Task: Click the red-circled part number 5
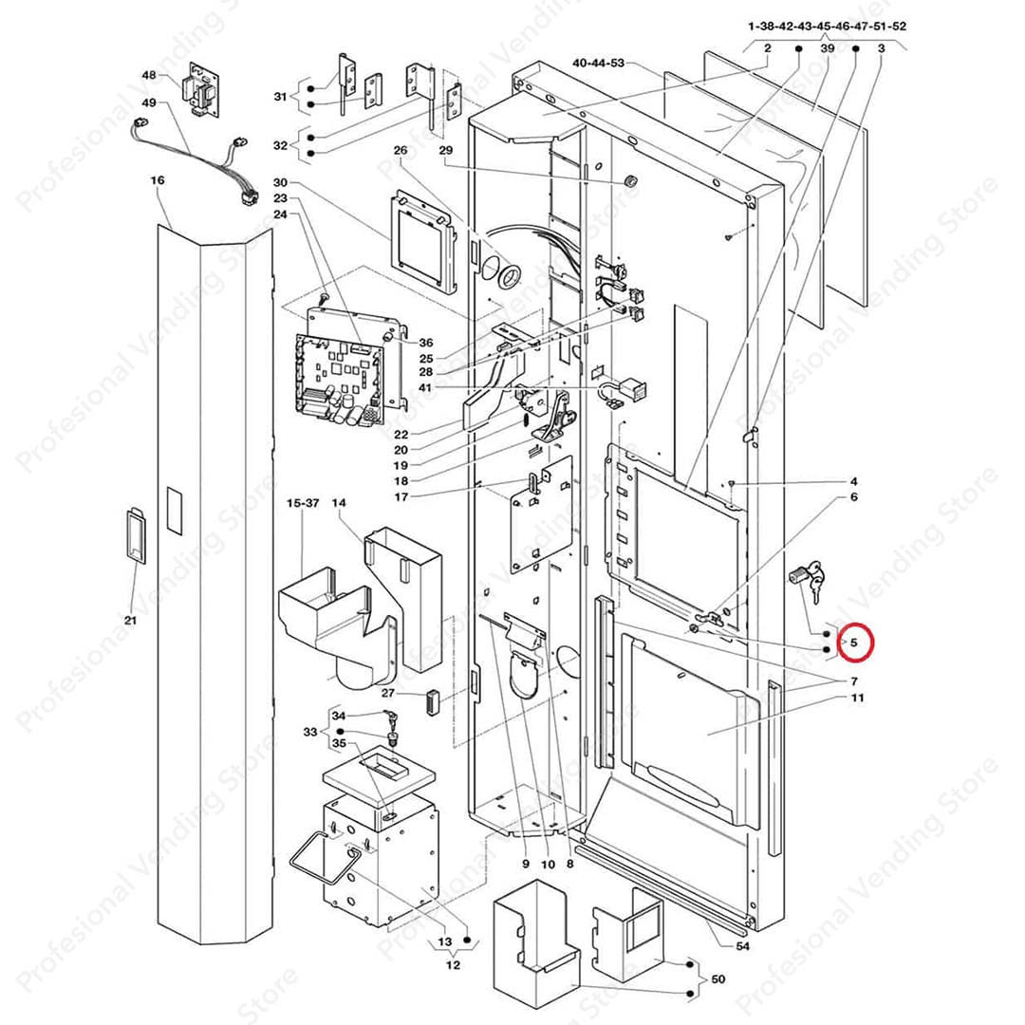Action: pyautogui.click(x=853, y=643)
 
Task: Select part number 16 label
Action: pyautogui.click(x=158, y=179)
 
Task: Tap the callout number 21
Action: pyautogui.click(x=131, y=620)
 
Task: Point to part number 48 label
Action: pyautogui.click(x=149, y=75)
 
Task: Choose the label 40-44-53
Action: pyautogui.click(x=598, y=63)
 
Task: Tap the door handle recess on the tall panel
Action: pyautogui.click(x=134, y=536)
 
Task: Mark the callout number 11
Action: pyautogui.click(x=857, y=699)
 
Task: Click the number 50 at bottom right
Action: pyautogui.click(x=717, y=978)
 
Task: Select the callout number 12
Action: pyautogui.click(x=453, y=965)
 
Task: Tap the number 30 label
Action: pyautogui.click(x=279, y=182)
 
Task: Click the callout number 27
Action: pyautogui.click(x=388, y=693)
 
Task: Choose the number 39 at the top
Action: pyautogui.click(x=828, y=48)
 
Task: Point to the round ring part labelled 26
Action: pyautogui.click(x=510, y=276)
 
